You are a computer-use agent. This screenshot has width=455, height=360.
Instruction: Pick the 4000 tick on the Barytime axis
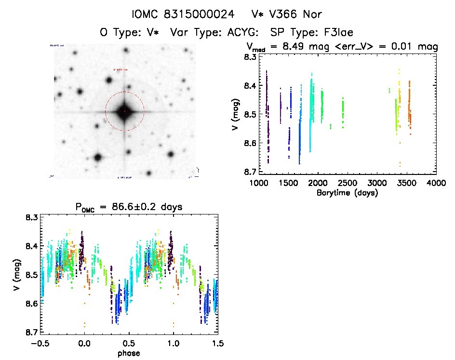[436, 183]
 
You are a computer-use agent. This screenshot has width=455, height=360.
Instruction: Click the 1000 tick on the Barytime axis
[258, 183]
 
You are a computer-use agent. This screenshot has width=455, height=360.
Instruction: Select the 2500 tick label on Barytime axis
[347, 183]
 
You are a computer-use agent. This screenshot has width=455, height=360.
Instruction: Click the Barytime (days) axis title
[348, 193]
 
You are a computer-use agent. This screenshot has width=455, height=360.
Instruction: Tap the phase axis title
[129, 353]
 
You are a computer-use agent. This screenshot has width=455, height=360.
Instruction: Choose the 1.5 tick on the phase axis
[217, 344]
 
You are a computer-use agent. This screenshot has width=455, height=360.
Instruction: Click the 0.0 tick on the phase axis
[84, 344]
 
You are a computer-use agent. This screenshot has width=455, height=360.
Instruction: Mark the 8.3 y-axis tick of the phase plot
[32, 218]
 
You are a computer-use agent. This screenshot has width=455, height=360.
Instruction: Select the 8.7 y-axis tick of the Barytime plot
[249, 172]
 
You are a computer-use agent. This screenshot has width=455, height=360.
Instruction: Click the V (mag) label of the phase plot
[18, 275]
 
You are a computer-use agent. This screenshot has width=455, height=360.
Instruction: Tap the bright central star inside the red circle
[124, 111]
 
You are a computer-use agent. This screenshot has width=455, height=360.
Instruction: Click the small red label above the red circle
[120, 70]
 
